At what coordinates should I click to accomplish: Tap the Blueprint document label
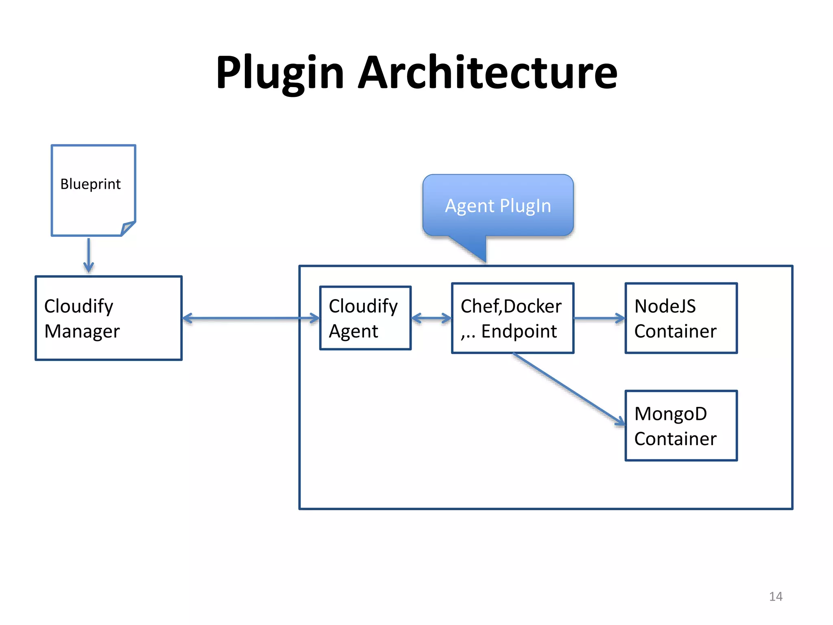click(x=90, y=184)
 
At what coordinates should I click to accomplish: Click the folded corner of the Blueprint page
click(x=128, y=228)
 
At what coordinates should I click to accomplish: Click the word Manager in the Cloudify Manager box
click(x=82, y=331)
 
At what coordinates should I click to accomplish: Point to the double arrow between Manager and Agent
click(x=251, y=318)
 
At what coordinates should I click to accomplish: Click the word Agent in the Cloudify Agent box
click(x=353, y=331)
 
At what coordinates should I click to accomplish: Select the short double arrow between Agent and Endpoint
click(x=431, y=318)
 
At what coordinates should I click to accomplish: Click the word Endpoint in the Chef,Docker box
click(x=519, y=331)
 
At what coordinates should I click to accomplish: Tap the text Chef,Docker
click(x=511, y=306)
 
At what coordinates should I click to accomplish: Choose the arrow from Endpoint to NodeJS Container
click(x=599, y=318)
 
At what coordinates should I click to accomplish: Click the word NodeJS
click(x=665, y=306)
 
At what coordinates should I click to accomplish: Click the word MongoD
click(x=670, y=414)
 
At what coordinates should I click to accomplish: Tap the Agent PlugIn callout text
click(x=498, y=206)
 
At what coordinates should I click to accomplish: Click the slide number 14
click(x=775, y=597)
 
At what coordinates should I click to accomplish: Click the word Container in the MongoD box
click(x=675, y=439)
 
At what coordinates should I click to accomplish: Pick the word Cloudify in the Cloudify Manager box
click(x=79, y=306)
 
